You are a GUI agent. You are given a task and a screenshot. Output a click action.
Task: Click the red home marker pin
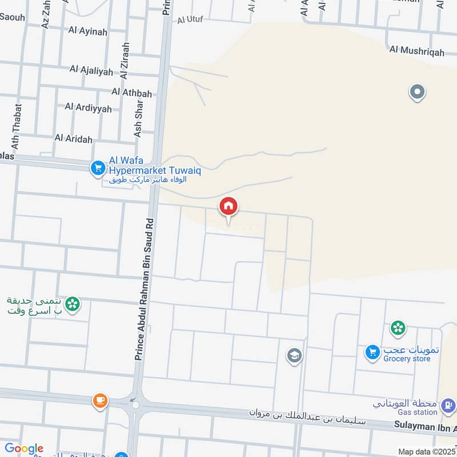coord(228,207)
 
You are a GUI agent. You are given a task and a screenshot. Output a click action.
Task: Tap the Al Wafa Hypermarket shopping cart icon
coord(98,168)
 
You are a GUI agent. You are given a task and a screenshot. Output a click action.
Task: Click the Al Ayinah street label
coord(88,31)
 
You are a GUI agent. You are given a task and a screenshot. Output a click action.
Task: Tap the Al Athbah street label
coord(132,92)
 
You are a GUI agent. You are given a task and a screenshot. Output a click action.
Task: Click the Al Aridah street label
coord(74,138)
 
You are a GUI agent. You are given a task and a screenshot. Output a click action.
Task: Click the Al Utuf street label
coord(190,20)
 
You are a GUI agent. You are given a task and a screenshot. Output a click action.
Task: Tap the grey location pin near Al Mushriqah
coord(417,91)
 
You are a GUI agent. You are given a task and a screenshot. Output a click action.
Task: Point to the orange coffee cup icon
coord(101,400)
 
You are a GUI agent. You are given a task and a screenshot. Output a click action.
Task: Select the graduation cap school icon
coord(294,356)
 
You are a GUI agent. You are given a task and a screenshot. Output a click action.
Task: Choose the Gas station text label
coord(418,412)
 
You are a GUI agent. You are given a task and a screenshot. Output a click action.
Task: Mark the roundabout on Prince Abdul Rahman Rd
coord(135,405)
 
